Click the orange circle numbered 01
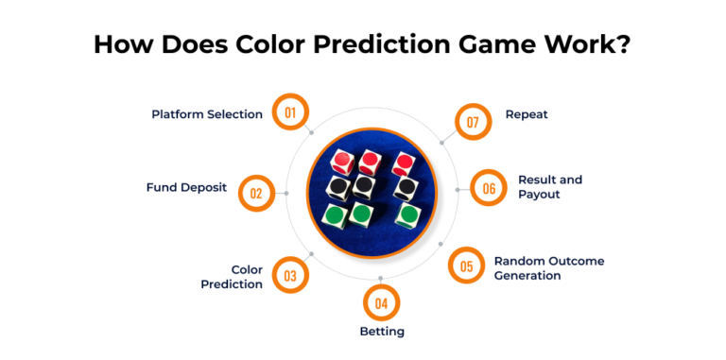click(x=290, y=112)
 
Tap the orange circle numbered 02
click(x=256, y=193)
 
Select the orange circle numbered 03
click(x=290, y=276)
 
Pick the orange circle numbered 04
click(x=381, y=303)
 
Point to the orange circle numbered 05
click(x=466, y=266)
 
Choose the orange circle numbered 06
click(x=489, y=188)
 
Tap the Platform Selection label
click(x=207, y=114)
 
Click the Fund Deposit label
click(x=186, y=187)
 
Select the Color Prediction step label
click(x=232, y=277)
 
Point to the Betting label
click(x=382, y=332)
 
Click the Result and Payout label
click(x=549, y=186)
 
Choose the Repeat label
click(x=527, y=114)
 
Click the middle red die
click(x=369, y=163)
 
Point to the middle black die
click(x=366, y=186)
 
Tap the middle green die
click(x=361, y=214)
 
